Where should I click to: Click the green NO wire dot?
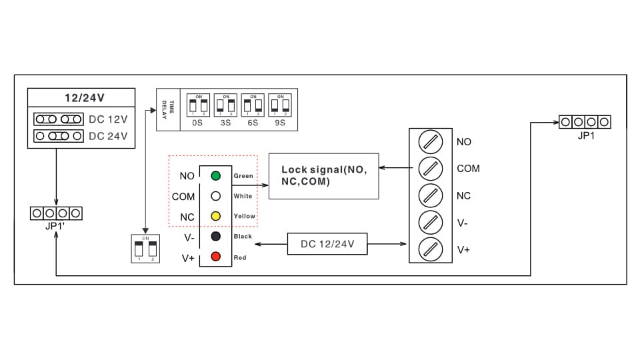pos(215,176)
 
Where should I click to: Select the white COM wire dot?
pos(215,197)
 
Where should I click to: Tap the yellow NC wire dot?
pos(215,217)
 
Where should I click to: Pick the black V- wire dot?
pos(215,237)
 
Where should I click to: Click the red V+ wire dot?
pos(215,257)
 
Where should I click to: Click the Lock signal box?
pos(323,176)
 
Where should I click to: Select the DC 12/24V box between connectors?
pos(327,244)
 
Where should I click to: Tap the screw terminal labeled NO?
pos(430,141)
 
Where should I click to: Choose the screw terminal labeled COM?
pos(430,169)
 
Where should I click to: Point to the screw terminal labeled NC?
pos(430,196)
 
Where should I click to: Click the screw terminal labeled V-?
pos(430,223)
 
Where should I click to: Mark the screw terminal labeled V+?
pos(430,249)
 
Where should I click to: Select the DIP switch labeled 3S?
pos(226,105)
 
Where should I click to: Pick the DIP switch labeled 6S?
pos(253,105)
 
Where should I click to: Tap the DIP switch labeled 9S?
pos(280,105)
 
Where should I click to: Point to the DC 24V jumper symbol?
pos(59,136)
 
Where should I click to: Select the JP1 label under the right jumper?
pos(586,135)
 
